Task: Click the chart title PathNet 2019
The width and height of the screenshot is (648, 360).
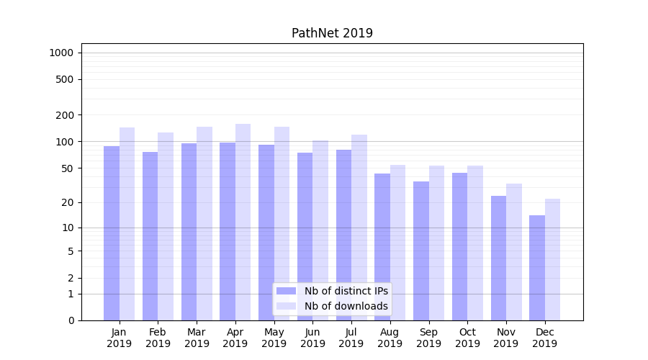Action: coord(332,33)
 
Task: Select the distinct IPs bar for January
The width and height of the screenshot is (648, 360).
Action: coord(112,233)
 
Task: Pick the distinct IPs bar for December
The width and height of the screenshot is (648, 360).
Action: coord(537,268)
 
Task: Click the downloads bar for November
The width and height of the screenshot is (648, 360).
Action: coord(513,252)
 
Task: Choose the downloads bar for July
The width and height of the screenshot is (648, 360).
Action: coord(359,228)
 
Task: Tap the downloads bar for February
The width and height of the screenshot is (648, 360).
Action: coord(166,226)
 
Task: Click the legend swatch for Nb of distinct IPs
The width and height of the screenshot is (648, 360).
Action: coord(286,291)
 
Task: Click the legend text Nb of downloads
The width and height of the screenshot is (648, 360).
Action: coord(346,306)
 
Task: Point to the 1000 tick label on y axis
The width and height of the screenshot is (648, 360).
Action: coord(61,53)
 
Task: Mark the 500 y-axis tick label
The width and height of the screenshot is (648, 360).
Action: coord(66,79)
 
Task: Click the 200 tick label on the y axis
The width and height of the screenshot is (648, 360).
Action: coord(66,115)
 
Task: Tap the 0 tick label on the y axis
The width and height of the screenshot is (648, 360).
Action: coord(71,320)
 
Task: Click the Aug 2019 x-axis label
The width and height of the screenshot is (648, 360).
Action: coord(390,338)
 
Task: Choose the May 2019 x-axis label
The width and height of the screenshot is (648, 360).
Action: coord(274,338)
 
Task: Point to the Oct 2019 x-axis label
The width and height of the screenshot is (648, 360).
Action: coord(467,338)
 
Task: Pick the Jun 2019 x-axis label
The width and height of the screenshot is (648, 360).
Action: coord(312,338)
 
